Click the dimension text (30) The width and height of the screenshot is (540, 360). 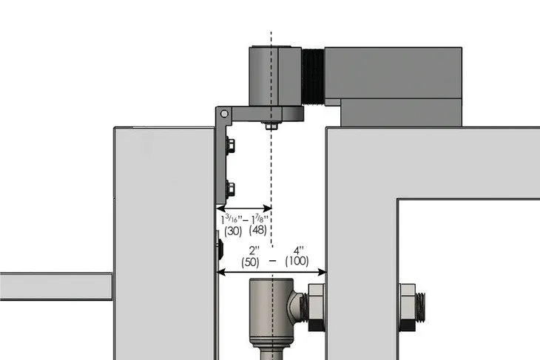tap(232, 231)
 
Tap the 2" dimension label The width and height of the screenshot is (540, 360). tap(253, 249)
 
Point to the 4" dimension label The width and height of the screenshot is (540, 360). tap(299, 249)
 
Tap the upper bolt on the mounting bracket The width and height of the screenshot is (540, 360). tap(230, 146)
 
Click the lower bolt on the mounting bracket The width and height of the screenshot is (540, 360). tap(230, 187)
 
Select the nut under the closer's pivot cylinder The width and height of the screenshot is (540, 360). tap(271, 126)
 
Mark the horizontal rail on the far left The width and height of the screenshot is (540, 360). tap(55, 286)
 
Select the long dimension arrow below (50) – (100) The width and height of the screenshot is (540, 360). tap(271, 273)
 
